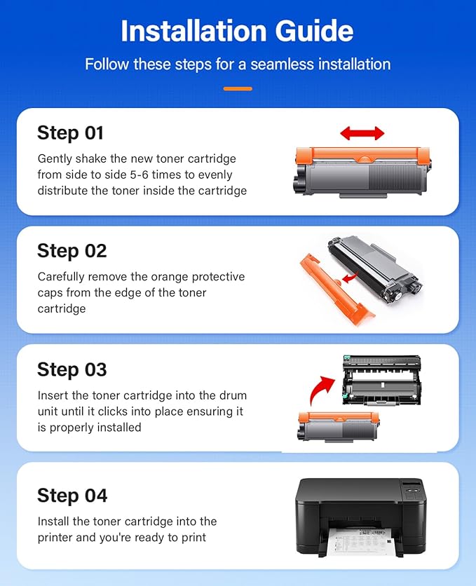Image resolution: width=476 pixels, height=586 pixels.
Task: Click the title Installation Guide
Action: (237, 31)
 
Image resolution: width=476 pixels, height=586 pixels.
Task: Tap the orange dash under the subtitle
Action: (238, 88)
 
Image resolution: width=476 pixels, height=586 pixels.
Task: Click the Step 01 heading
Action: (70, 133)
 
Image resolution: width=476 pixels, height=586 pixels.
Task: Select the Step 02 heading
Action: (72, 251)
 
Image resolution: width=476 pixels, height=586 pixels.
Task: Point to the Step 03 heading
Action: (72, 369)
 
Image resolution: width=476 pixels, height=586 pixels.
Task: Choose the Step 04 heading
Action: (72, 496)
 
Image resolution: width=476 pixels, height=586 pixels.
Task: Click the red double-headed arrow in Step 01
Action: (362, 133)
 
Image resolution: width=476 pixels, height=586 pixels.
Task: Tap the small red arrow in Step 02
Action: (350, 278)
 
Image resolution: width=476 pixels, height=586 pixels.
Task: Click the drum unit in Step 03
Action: (382, 380)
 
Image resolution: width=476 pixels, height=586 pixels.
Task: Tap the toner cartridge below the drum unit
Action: (338, 427)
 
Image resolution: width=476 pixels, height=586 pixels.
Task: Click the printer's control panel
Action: (413, 491)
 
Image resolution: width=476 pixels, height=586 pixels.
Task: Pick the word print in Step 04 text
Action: (193, 538)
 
